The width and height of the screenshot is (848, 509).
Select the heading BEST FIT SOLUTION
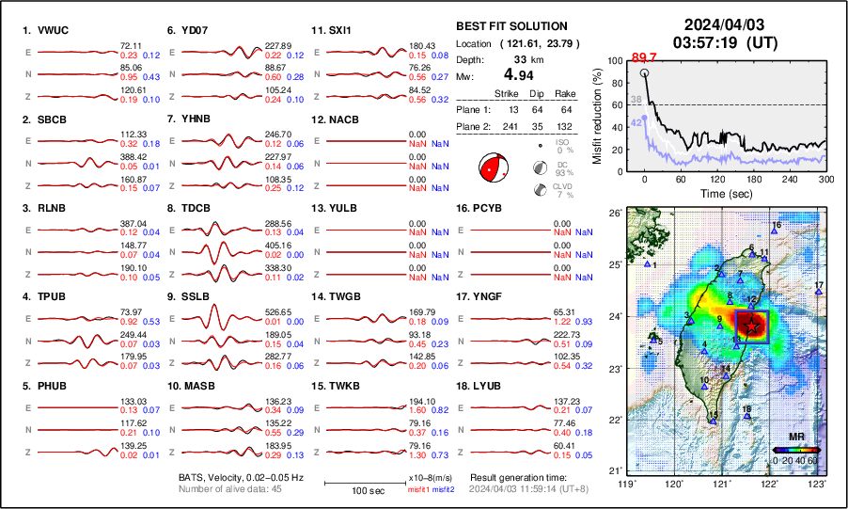[511, 26]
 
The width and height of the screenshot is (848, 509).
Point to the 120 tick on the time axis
[717, 179]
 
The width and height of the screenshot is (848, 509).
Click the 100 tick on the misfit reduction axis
[616, 61]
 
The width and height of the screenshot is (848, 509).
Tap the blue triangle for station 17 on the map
[819, 293]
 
